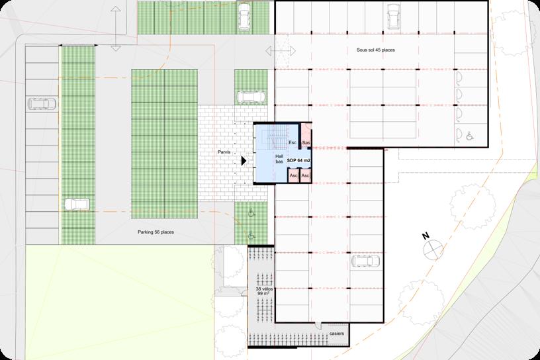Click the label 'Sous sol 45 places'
point(375,50)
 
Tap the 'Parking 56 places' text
point(156,232)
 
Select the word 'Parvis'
point(224,152)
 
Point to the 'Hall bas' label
point(279,159)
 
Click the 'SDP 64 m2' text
point(298,161)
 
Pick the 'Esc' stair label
point(292,143)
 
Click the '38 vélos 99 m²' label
point(264,291)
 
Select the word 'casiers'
point(336,334)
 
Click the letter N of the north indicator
point(426,236)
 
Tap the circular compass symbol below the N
point(433,249)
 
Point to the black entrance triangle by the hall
point(244,161)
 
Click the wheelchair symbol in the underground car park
point(470,136)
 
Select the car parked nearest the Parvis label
point(251,97)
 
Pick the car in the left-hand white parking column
point(42,103)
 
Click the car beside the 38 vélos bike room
point(365,261)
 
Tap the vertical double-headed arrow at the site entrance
point(116,28)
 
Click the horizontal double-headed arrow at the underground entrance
point(281,52)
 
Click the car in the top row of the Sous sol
point(393,16)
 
